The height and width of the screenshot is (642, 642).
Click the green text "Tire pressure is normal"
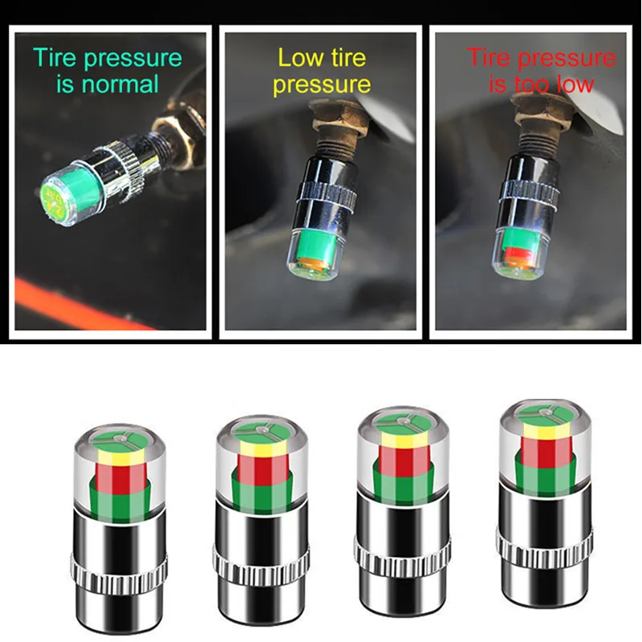pos(108,70)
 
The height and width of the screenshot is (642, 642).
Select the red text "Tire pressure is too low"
pos(542,71)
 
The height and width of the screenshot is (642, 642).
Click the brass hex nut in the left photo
pos(178,128)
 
